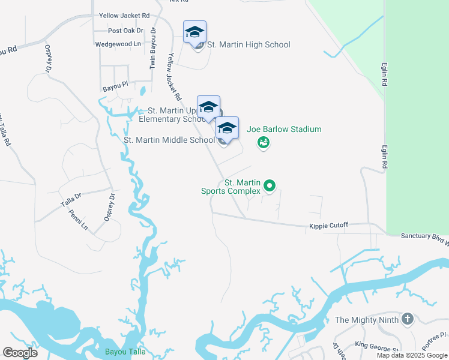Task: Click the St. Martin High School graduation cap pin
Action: [x=194, y=32]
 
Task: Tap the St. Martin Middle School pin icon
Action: [x=227, y=128]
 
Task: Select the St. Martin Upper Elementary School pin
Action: [x=208, y=107]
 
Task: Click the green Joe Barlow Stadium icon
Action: [x=263, y=142]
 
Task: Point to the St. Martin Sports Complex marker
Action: [x=270, y=187]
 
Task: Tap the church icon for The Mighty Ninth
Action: [x=408, y=319]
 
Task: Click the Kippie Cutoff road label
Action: [x=328, y=226]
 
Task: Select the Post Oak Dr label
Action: [x=126, y=31]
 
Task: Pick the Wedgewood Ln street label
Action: [x=118, y=44]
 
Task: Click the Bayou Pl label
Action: [x=115, y=87]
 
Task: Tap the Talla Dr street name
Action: [x=70, y=200]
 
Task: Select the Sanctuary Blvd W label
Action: [x=424, y=236]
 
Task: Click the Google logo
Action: [x=20, y=352]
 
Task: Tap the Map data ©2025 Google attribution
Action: [x=412, y=355]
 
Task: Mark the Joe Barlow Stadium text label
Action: [x=284, y=129]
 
